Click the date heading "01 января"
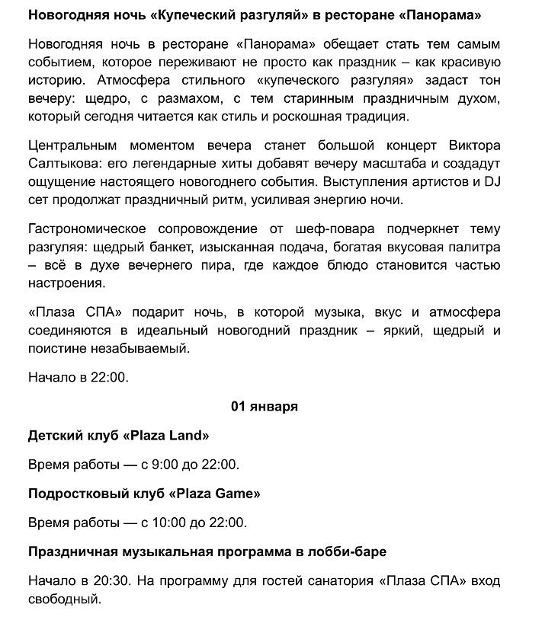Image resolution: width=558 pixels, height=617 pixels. click(x=264, y=407)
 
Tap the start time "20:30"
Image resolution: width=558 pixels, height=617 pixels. click(x=111, y=580)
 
